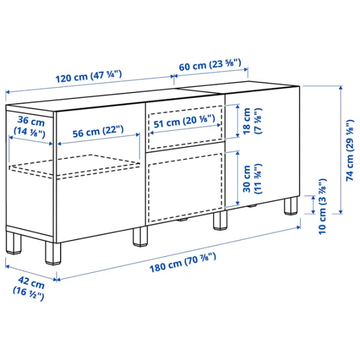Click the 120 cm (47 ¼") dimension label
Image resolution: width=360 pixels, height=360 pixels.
coord(89,76)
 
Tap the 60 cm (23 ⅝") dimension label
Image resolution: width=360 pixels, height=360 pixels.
coord(210,65)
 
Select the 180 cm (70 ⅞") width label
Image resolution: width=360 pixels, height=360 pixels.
coord(183,262)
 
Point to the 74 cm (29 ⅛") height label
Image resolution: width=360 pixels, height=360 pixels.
coord(350,150)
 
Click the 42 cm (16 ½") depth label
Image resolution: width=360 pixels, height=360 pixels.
coord(29,288)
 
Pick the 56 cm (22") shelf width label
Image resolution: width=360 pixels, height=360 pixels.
coord(98,131)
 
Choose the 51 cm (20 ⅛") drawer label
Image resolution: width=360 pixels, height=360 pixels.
coord(184,121)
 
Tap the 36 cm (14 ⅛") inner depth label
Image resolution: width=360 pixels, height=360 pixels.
coord(29,127)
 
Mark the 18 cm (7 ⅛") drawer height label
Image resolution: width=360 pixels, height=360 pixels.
coord(252,121)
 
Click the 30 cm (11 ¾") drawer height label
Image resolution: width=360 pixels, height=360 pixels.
coord(252,179)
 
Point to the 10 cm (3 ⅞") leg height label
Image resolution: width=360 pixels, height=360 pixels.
coord(322,206)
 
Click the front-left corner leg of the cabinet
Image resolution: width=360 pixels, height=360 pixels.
coord(53,253)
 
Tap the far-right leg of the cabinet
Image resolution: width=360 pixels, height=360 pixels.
coord(291,206)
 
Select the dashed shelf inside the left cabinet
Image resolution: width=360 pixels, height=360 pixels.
coord(74,166)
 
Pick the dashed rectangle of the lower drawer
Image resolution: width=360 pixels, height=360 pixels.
coord(185,188)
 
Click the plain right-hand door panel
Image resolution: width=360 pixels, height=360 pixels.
coord(262,146)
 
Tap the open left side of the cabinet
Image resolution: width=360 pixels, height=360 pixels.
coord(30,170)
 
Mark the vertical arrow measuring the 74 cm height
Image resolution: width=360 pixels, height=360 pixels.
coord(341,149)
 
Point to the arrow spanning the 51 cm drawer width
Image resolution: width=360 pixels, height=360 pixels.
coord(185,129)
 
